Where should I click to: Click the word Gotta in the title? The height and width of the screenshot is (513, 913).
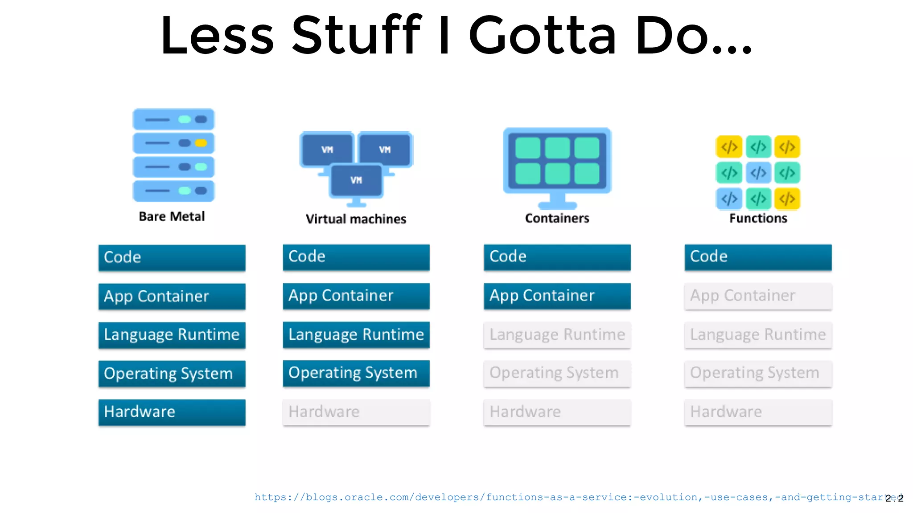542,36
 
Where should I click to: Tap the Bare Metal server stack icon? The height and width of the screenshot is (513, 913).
173,155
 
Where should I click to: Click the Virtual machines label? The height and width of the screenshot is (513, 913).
356,219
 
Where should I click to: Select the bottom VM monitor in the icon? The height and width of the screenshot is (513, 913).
356,180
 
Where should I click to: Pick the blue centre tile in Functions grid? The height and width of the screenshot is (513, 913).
758,173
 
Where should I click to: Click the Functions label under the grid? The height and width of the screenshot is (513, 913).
758,218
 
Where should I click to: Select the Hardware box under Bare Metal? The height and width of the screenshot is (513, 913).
172,412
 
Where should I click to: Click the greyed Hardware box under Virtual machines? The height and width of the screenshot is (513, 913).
356,412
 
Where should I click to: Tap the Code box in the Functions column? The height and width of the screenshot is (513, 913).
758,257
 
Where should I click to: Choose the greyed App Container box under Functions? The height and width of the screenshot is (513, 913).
758,296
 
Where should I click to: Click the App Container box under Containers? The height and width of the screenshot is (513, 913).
557,296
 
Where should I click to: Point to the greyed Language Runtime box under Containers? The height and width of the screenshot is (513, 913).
557,334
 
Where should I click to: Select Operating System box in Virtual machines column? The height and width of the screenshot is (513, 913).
356,373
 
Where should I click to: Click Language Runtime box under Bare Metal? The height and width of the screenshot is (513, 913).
172,335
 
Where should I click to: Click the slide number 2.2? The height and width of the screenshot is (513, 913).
895,498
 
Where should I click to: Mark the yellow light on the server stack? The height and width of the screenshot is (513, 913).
201,143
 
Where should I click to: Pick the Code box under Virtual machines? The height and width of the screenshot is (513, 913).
356,257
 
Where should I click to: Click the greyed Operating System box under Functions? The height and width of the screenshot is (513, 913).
758,373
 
